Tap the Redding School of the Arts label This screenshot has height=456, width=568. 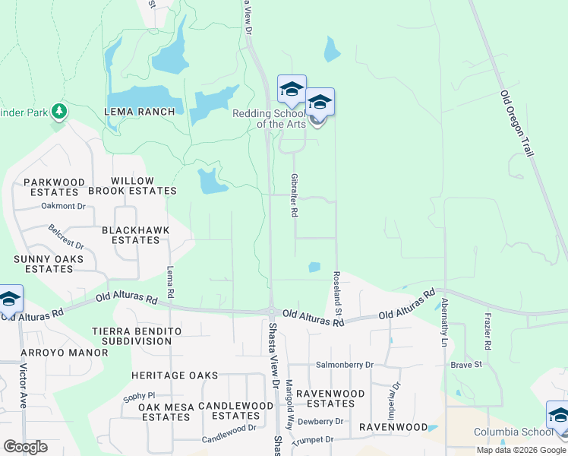coord(270,119)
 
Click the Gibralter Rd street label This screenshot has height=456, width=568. coord(294,195)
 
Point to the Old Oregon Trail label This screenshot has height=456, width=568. coord(517,124)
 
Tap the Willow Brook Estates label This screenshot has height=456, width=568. coord(144,186)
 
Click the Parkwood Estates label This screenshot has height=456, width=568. coord(55,187)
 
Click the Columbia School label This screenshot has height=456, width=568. coord(513,432)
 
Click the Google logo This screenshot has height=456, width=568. coord(25,447)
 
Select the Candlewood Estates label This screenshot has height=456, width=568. coord(235,410)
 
